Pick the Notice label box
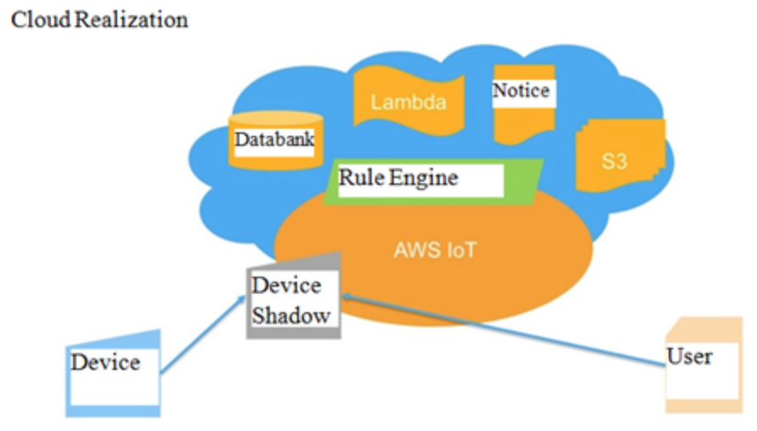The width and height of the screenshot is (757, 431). tap(522, 91)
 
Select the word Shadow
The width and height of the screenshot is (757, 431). tap(291, 316)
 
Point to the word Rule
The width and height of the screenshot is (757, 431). tap(361, 178)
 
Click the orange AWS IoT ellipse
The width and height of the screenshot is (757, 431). tap(509, 263)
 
